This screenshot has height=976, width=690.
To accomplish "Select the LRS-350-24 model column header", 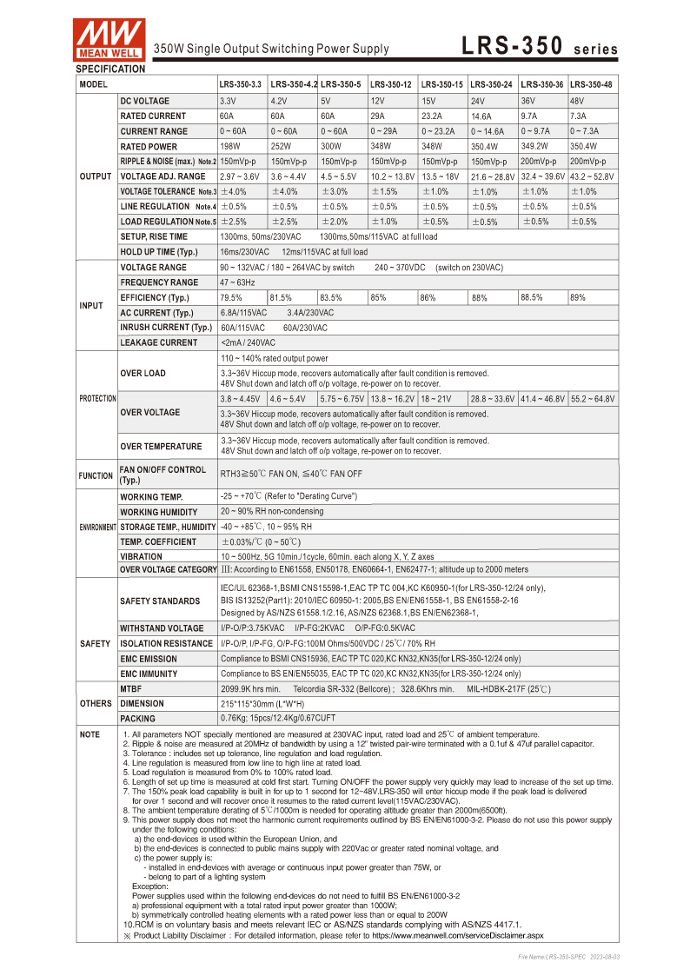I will click(491, 84).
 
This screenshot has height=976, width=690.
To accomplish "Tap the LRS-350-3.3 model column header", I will click(241, 84).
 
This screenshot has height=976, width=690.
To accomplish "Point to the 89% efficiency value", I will click(578, 298).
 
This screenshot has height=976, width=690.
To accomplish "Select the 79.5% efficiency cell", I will click(231, 298).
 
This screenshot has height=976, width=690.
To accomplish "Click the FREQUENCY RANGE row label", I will click(159, 283).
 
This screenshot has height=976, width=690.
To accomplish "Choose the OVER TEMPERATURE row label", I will click(161, 447).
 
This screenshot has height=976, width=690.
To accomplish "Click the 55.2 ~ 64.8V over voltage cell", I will click(592, 399).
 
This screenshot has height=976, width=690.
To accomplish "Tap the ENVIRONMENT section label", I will click(97, 528).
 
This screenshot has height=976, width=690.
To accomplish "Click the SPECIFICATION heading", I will click(110, 69).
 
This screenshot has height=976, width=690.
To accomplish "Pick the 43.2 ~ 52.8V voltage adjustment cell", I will click(592, 176).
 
